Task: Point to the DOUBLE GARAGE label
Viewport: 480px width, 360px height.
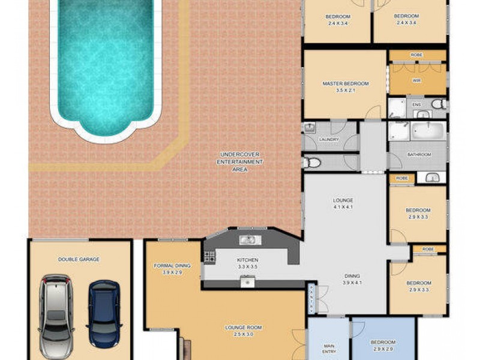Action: tap(79, 259)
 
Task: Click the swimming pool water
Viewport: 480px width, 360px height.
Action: tap(105, 60)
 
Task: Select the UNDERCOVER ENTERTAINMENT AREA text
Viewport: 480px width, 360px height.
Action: tap(240, 163)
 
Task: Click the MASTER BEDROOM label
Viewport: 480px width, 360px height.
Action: tap(345, 83)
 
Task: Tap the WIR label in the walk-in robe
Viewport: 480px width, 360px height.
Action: tap(416, 80)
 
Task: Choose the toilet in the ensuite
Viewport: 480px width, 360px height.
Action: tap(439, 104)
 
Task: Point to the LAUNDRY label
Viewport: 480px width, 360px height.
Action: tap(329, 140)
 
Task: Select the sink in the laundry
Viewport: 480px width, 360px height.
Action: tap(310, 128)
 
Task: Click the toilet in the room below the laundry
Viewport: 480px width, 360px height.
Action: tap(309, 162)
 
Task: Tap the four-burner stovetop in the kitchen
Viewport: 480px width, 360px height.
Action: tap(209, 257)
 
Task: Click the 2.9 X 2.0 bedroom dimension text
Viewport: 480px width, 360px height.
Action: tap(383, 349)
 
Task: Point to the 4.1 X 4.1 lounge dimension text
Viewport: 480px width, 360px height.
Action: tap(343, 208)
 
